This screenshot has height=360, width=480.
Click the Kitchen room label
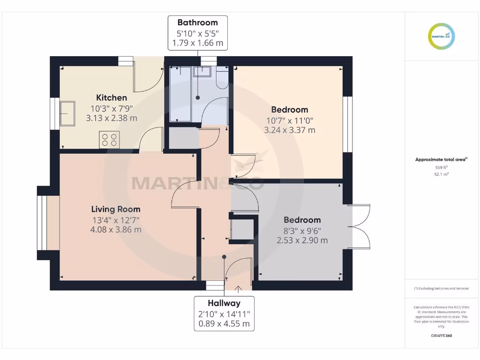coord(112,97)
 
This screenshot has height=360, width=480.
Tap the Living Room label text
coord(115,209)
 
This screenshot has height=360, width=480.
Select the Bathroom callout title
coord(197,22)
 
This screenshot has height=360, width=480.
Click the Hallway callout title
coord(225,303)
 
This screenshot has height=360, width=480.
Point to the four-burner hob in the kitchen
coord(109,140)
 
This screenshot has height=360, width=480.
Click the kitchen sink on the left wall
coord(67,113)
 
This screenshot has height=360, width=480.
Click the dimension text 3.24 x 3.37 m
coord(290,130)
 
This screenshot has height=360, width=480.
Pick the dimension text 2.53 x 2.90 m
coord(302,240)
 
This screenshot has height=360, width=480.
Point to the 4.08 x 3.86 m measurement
coord(115,230)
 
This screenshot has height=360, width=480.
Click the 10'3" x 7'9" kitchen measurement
coord(112,108)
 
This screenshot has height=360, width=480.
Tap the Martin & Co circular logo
coord(442,36)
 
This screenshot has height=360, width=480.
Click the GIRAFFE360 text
coord(442,336)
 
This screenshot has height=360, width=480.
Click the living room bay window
coord(43,223)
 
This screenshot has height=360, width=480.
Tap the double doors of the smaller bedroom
coord(359,226)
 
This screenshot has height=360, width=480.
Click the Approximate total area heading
coord(441,160)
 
